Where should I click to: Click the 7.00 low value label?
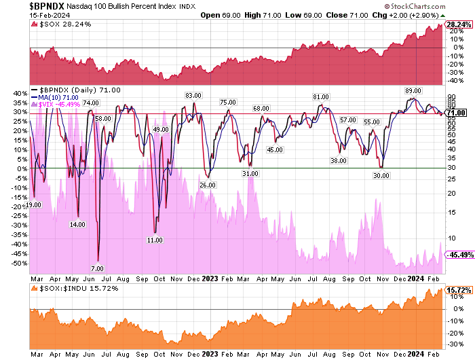tap(98, 269)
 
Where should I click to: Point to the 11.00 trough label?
tap(155, 240)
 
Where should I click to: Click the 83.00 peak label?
tap(194, 95)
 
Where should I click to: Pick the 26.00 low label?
tap(207, 185)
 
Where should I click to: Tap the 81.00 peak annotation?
tap(321, 96)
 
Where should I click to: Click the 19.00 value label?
tap(34, 204)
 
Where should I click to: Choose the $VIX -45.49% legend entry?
tap(60, 104)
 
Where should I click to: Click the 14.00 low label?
tap(77, 224)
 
